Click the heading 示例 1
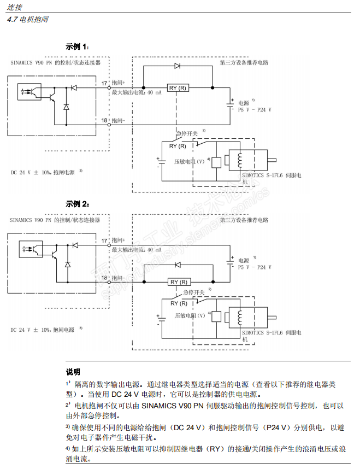click(x=78, y=46)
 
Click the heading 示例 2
click(x=78, y=203)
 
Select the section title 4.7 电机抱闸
click(x=27, y=19)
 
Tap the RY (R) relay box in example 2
click(x=179, y=282)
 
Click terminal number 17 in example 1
click(x=104, y=83)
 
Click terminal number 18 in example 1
click(x=104, y=120)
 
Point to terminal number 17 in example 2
click(x=104, y=240)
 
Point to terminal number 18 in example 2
click(x=104, y=278)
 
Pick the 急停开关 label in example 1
click(x=186, y=133)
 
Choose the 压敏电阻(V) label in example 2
click(x=190, y=315)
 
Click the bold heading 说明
click(x=73, y=372)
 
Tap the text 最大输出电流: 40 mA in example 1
click(x=137, y=92)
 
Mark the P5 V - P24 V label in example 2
click(x=255, y=267)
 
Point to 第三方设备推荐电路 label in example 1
click(x=244, y=63)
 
